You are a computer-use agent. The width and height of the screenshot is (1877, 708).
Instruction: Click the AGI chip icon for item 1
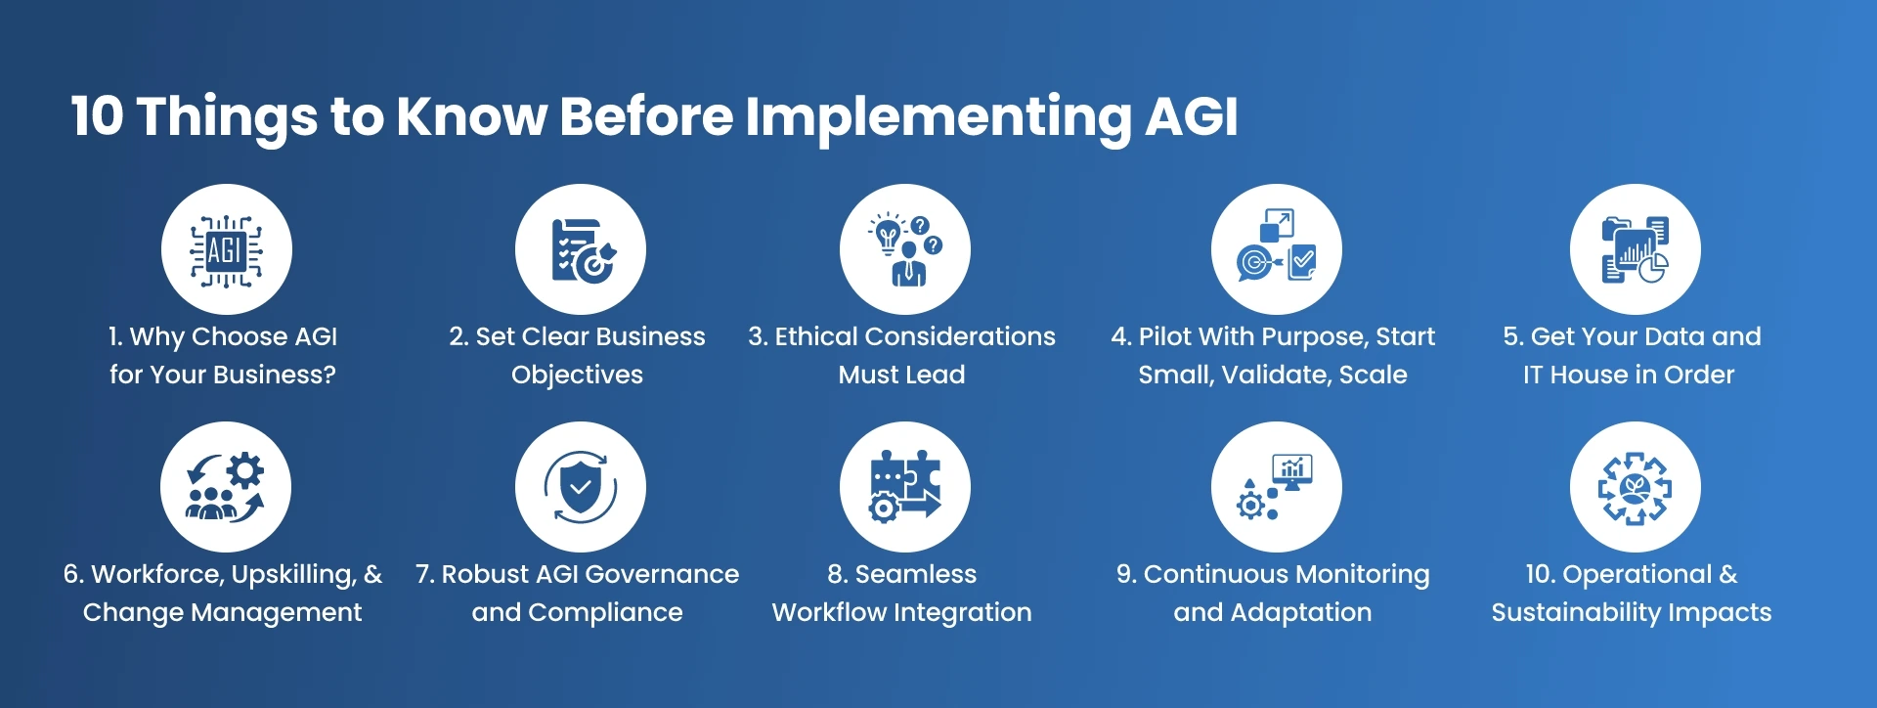click(226, 250)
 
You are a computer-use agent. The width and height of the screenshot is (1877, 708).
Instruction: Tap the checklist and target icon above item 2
click(581, 250)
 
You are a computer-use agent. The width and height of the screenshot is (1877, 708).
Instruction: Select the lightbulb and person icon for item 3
click(905, 250)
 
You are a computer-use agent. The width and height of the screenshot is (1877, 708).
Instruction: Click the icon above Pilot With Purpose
click(1276, 250)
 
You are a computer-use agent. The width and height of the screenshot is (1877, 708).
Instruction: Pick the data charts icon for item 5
click(1635, 250)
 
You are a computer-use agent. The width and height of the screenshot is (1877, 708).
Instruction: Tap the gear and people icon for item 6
click(226, 487)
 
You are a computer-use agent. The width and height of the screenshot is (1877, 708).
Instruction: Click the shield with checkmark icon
click(581, 487)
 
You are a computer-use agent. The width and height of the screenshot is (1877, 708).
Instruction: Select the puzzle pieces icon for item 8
click(905, 487)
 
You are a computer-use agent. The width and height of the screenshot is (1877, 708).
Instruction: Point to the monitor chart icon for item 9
click(1276, 487)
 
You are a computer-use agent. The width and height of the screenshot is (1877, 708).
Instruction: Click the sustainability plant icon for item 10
click(1635, 487)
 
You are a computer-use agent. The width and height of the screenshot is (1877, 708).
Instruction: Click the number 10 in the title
click(97, 116)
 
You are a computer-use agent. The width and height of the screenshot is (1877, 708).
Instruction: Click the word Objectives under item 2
click(577, 375)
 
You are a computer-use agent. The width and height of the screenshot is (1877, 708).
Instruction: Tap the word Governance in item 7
click(662, 574)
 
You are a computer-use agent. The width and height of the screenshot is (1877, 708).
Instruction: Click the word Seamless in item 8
click(916, 574)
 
